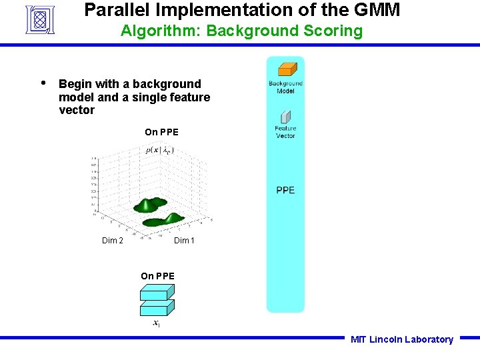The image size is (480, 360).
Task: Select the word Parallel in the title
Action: click(113, 10)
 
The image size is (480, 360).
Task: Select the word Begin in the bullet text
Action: click(75, 84)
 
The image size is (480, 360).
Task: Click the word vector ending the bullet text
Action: click(77, 110)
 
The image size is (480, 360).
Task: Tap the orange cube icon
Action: click(287, 69)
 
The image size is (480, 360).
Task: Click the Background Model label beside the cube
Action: click(285, 87)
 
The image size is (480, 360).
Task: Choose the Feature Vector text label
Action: click(285, 132)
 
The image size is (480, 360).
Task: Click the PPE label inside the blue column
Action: click(285, 191)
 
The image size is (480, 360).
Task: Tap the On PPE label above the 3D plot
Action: click(161, 132)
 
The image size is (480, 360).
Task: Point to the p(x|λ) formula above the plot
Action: click(160, 150)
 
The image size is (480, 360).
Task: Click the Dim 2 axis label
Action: click(112, 241)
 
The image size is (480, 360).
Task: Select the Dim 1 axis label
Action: click(184, 241)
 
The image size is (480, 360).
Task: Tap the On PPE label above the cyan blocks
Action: click(157, 276)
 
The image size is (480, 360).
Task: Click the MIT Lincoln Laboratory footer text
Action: click(401, 339)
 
